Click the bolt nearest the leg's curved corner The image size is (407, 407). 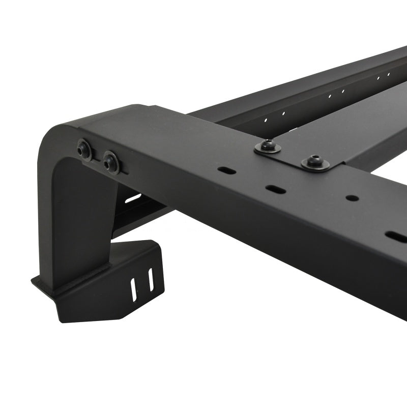[x=84, y=150]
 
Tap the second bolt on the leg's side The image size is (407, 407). [x=111, y=162]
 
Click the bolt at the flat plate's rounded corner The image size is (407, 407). [x=315, y=162]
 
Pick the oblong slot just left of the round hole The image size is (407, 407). [x=274, y=189]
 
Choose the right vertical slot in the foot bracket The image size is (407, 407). [x=151, y=280]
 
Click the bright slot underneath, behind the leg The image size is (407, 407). [x=133, y=197]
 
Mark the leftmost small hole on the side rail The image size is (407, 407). [x=266, y=121]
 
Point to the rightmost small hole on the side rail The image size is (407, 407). [x=389, y=74]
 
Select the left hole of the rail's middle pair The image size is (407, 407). [x=330, y=96]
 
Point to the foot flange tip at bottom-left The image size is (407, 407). [x=35, y=279]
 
